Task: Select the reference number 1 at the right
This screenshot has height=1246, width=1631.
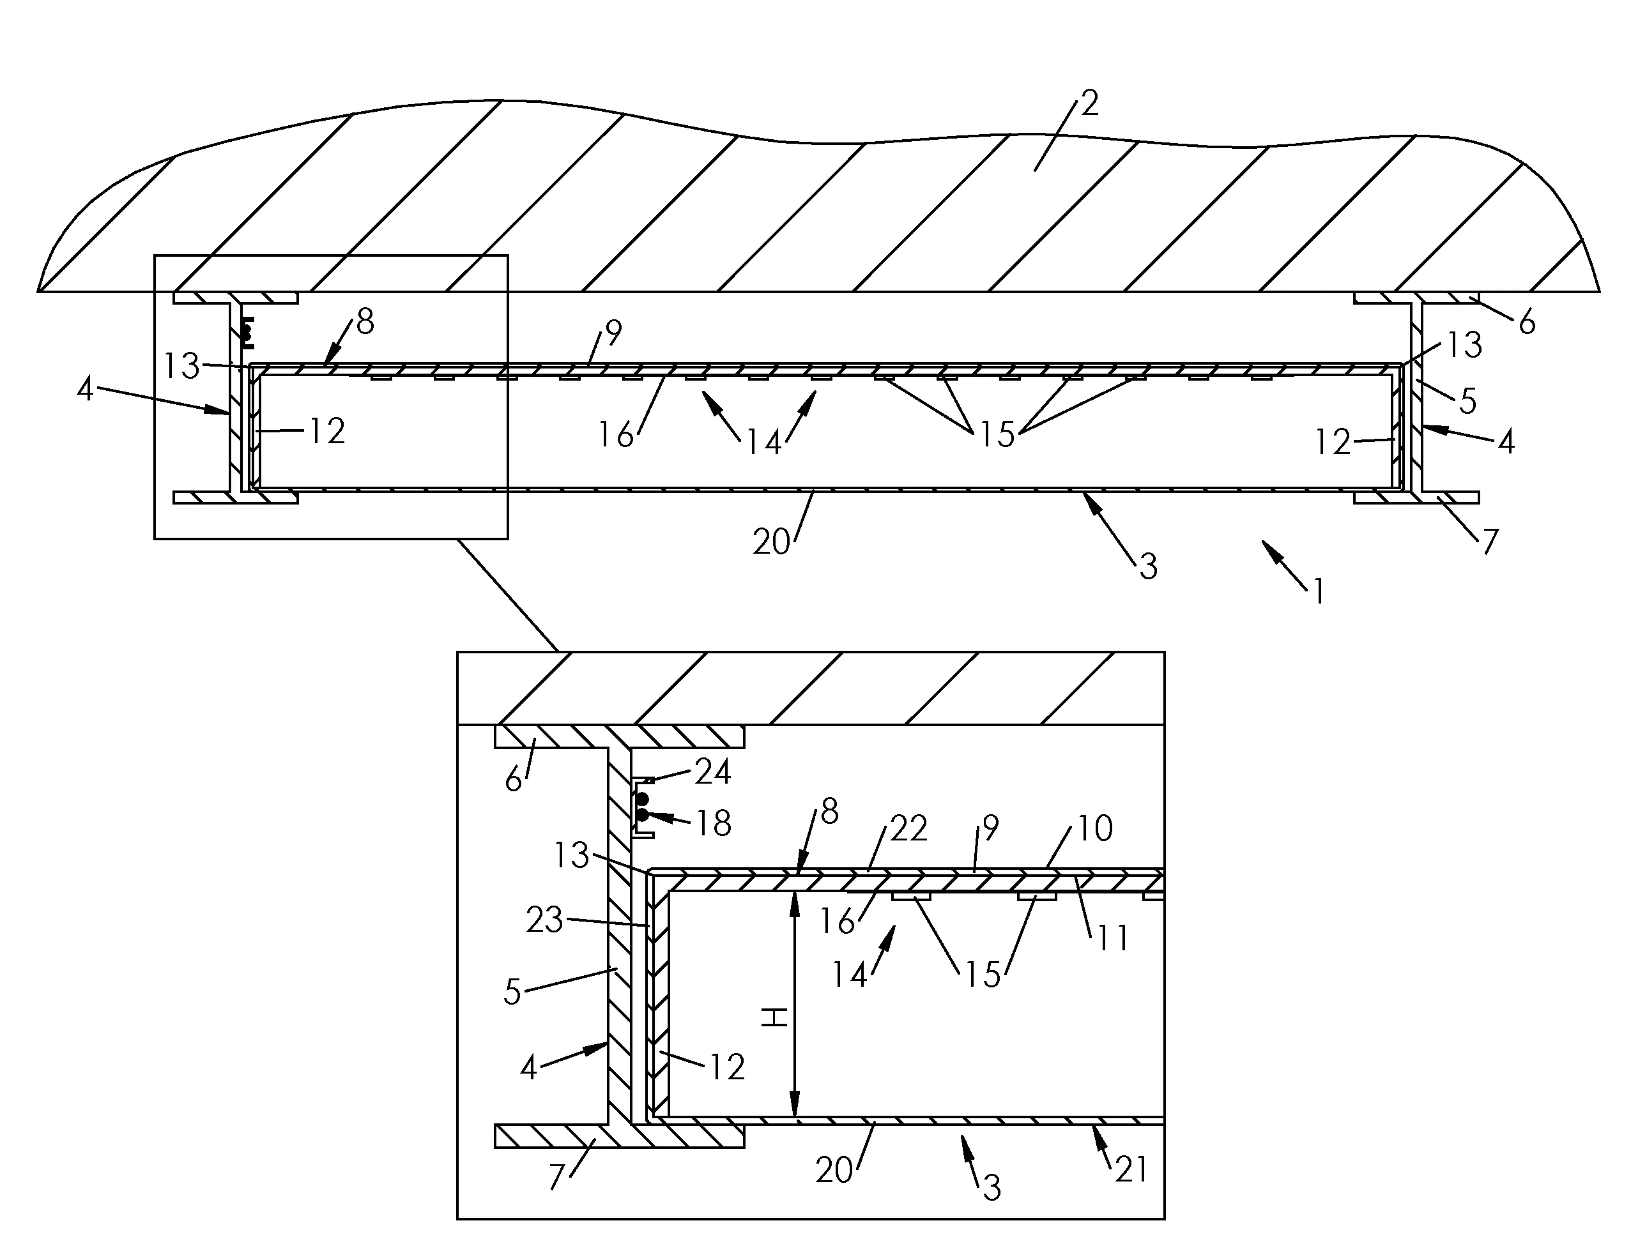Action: tap(1318, 592)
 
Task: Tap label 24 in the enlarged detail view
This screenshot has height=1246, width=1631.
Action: tap(712, 773)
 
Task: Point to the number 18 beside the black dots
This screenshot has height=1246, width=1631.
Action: tap(714, 823)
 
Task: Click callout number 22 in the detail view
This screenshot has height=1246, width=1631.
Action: tap(908, 828)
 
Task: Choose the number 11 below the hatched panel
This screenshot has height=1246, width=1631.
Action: tap(1112, 938)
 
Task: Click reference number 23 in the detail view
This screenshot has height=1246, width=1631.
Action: tap(545, 920)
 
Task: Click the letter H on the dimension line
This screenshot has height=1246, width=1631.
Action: tap(775, 1017)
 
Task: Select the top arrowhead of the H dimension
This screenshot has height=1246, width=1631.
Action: tap(794, 900)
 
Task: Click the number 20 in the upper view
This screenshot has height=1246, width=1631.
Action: tap(770, 542)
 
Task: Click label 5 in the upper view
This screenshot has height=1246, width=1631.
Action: tap(1468, 401)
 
